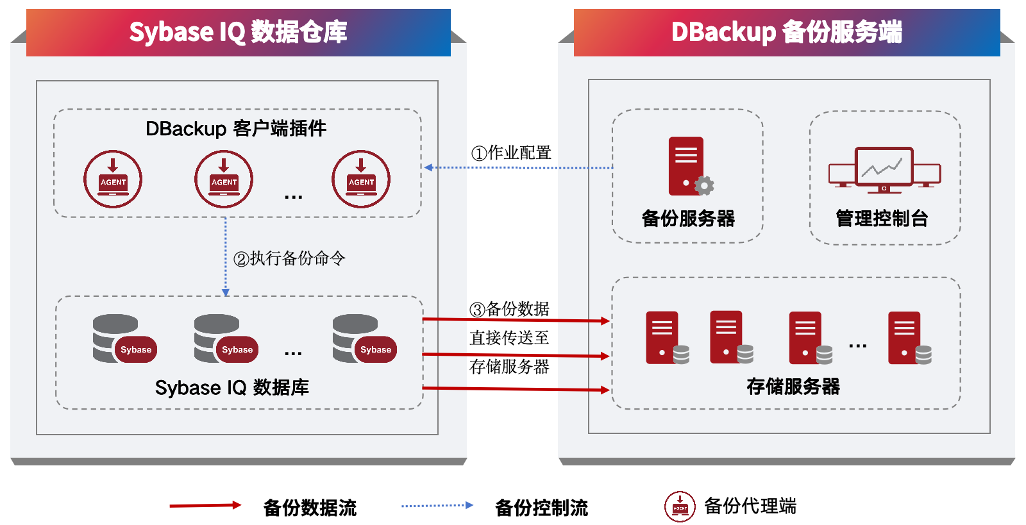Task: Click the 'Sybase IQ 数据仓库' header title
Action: (238, 32)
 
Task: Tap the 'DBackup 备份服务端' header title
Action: (786, 32)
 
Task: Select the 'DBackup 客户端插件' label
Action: (236, 129)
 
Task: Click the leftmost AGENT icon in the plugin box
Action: (113, 179)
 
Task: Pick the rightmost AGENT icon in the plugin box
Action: (361, 179)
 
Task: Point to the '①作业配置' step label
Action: (510, 153)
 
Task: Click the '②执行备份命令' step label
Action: (289, 258)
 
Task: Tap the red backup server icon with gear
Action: (691, 166)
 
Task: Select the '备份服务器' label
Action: (688, 219)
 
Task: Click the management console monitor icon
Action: (884, 169)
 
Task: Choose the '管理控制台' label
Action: (882, 219)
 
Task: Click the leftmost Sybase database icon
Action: (124, 338)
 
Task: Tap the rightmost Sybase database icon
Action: (365, 338)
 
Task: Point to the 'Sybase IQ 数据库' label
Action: (231, 388)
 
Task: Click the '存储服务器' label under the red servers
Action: (793, 387)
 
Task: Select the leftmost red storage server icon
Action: (668, 338)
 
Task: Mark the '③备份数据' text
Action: (509, 309)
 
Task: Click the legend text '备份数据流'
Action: (310, 508)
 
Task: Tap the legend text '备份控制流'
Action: (541, 508)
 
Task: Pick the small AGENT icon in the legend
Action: (680, 506)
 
